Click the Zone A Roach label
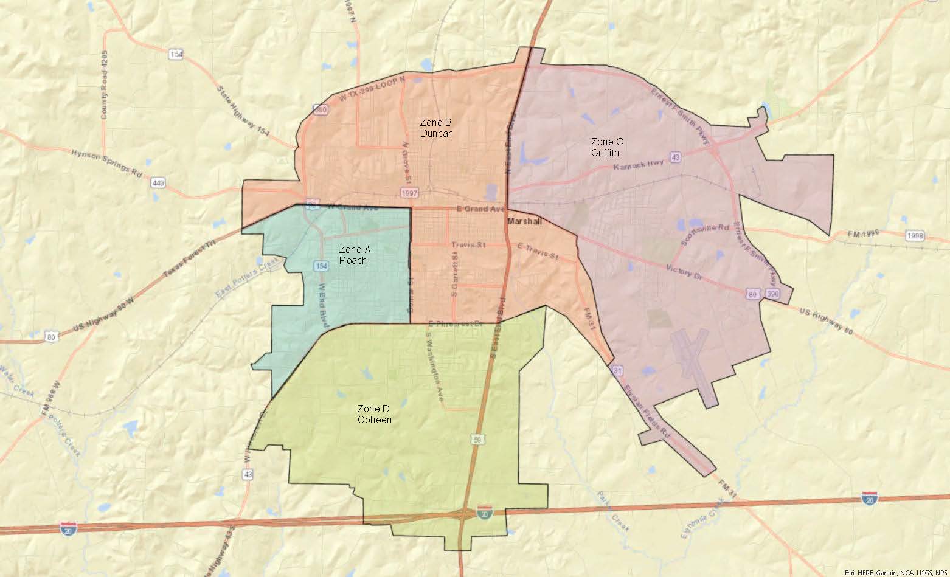(x=353, y=255)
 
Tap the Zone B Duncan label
(x=436, y=128)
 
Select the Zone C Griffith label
(x=606, y=147)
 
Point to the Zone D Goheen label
(x=374, y=414)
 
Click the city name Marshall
(x=524, y=221)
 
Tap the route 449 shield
(x=159, y=182)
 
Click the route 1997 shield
(x=409, y=193)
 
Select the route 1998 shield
(x=914, y=235)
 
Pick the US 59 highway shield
(x=479, y=438)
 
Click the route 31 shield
(x=617, y=370)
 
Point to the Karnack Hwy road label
(x=638, y=165)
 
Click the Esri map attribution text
(x=896, y=572)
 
